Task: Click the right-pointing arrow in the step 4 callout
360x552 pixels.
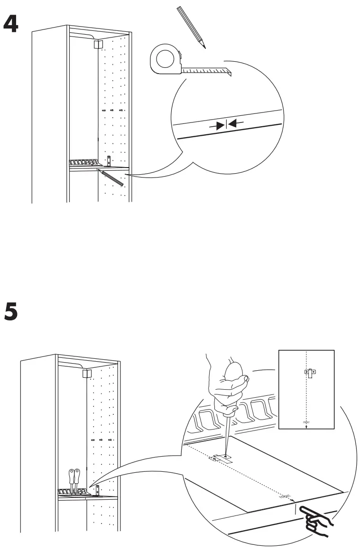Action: point(219,125)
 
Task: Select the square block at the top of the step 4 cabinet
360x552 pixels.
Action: point(98,44)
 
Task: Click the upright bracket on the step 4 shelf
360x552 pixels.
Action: point(109,160)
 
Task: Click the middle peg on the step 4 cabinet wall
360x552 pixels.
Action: point(112,110)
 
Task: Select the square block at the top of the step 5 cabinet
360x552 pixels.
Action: point(86,374)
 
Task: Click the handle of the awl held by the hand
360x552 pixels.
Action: point(231,384)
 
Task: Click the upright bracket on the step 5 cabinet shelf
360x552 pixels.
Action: point(98,490)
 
